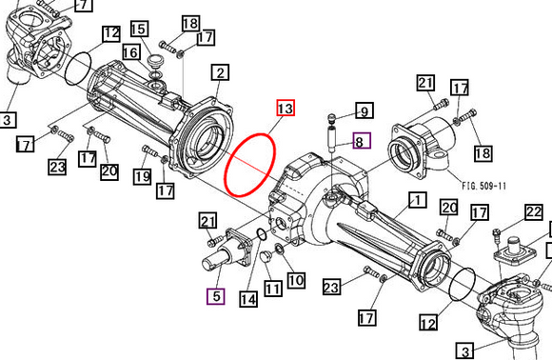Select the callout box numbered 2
pos(220,72)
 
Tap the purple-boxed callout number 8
pos(359,142)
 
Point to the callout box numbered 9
pos(364,110)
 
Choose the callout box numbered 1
pos(415,200)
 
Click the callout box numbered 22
pos(533,212)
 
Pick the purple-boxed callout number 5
pos(215,296)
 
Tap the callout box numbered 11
pos(272,289)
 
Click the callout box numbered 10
pos(295,280)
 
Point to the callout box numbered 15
pos(140,30)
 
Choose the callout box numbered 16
pos(130,51)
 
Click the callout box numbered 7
pos(82,5)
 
